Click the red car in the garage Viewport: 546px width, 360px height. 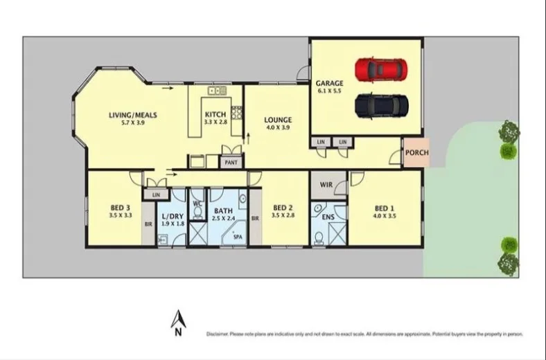(380, 69)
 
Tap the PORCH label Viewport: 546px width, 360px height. (417, 153)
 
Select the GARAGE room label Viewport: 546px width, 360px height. (330, 83)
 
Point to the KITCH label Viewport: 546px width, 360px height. (215, 115)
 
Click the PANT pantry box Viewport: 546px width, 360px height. (229, 162)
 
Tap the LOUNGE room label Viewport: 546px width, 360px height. (278, 120)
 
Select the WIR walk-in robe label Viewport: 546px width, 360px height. (327, 186)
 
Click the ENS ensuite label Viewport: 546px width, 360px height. (327, 217)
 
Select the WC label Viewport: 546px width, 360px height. (196, 204)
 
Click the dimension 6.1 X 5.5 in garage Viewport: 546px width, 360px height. (330, 91)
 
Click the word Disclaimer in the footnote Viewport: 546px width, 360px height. (218, 334)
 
